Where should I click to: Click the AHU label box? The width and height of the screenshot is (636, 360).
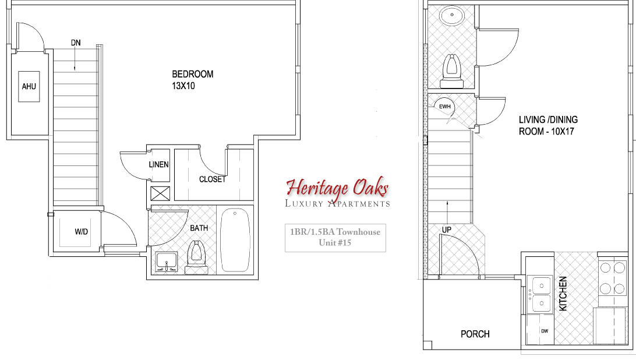[29, 87]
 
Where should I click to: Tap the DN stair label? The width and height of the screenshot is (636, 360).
[76, 43]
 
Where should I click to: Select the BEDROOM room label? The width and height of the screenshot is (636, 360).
[192, 74]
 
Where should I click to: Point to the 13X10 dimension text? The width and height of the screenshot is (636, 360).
[183, 85]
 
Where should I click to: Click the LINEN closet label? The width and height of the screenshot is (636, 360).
[158, 165]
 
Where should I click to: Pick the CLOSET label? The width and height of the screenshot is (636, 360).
[212, 179]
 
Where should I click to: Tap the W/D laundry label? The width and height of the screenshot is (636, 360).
[81, 232]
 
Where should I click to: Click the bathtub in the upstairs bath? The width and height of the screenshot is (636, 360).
[236, 239]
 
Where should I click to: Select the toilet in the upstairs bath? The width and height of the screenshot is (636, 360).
[196, 257]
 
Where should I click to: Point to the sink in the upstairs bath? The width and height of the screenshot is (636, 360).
[167, 262]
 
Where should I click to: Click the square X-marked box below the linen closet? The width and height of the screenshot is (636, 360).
[159, 193]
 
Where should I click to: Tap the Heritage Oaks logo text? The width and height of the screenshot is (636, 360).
[337, 188]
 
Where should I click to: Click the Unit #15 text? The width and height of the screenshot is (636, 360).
[335, 242]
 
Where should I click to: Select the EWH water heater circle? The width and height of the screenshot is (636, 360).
[446, 107]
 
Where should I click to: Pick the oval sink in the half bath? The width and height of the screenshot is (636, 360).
[450, 15]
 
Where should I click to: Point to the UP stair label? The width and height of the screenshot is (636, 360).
[447, 230]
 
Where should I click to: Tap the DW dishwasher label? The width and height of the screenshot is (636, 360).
[545, 331]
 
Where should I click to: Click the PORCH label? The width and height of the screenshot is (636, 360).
[475, 334]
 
